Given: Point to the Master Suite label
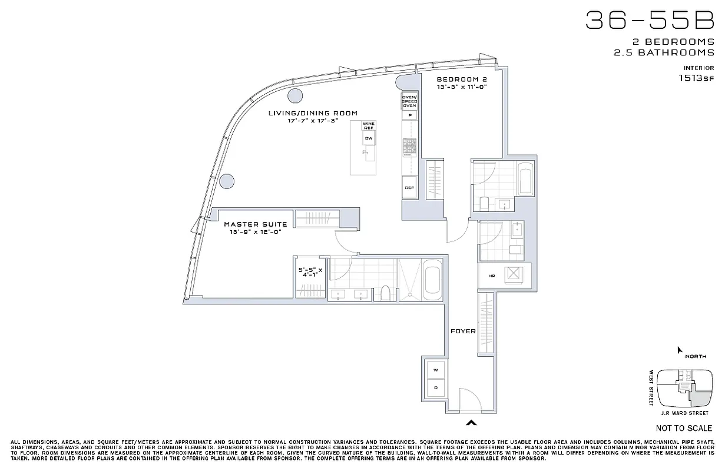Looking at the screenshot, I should click(255, 224).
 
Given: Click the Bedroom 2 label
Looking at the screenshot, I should click(461, 79).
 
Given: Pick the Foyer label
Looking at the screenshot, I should click(463, 331).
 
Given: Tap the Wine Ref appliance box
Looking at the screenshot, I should click(369, 126).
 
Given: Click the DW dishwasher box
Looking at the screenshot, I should click(369, 139).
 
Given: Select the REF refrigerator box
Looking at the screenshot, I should click(409, 188).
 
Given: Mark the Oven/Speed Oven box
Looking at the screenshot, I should click(409, 101).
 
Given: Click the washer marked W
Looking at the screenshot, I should click(436, 370).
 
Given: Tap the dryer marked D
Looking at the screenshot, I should click(436, 387).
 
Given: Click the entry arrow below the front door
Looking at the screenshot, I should click(471, 422).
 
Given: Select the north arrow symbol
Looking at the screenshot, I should click(680, 350).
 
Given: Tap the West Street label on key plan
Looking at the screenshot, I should click(651, 388).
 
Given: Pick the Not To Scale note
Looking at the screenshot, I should click(684, 428).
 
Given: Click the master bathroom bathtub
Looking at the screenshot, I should click(432, 280).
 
